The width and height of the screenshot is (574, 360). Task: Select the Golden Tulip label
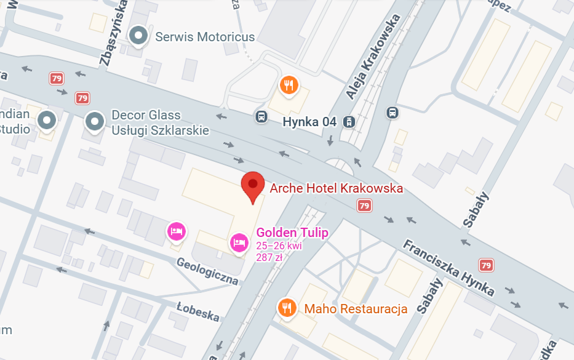click(x=292, y=233)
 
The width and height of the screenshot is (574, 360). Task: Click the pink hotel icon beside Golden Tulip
click(x=239, y=243)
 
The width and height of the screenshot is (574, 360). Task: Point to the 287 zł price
click(x=269, y=257)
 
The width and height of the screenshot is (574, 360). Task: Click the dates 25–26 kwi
click(x=279, y=246)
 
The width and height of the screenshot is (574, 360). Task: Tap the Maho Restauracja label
click(x=356, y=308)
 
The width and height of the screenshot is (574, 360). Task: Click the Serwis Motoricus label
click(x=205, y=37)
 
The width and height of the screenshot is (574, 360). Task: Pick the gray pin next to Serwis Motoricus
click(x=139, y=36)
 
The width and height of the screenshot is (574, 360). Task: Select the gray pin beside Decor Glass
click(x=94, y=122)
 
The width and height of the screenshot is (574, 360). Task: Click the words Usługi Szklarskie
click(x=160, y=130)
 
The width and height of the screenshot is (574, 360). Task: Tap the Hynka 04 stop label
click(x=309, y=122)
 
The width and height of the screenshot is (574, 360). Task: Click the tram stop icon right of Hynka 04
click(x=349, y=121)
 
